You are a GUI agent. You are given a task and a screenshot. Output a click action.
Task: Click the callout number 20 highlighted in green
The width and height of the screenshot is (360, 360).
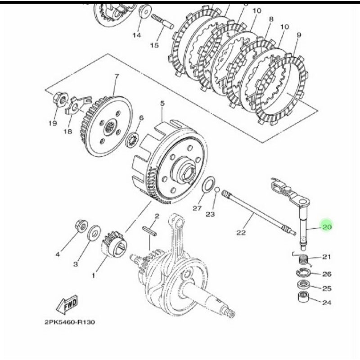click(327, 227)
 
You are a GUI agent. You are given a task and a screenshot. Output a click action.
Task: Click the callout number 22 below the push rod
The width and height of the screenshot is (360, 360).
click(241, 232)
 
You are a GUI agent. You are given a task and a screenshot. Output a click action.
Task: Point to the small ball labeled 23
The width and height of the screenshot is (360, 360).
click(216, 190)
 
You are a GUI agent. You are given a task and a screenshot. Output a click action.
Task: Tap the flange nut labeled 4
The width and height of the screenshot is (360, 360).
click(82, 226)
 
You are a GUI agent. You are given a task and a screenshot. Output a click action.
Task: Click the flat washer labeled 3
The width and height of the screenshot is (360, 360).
click(94, 232)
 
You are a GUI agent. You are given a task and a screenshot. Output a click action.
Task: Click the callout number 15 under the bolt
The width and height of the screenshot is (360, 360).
click(154, 45)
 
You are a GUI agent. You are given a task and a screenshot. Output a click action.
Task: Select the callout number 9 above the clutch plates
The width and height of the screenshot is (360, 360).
click(299, 35)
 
